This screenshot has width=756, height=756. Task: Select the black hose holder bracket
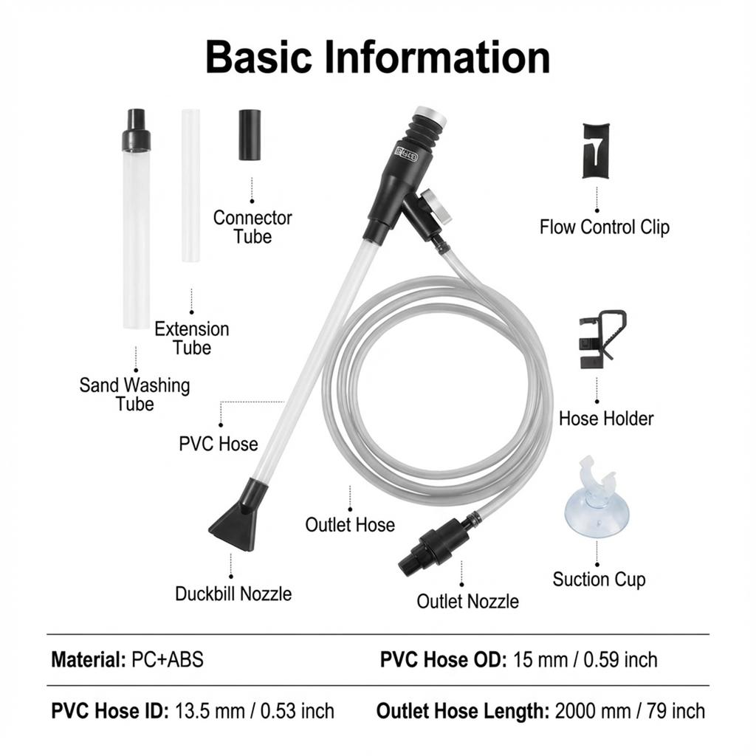(601, 339)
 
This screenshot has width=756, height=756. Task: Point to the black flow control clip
(597, 151)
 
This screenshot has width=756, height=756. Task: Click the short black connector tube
(250, 135)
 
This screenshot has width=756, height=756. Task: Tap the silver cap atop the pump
(430, 116)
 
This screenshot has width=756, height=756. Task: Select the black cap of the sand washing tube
(136, 129)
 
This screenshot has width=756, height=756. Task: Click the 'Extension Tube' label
(192, 338)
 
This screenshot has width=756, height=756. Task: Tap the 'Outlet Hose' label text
(350, 525)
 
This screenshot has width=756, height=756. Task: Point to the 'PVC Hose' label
(219, 444)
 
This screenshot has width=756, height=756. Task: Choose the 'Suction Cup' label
(599, 580)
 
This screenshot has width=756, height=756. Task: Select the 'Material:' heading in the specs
(89, 659)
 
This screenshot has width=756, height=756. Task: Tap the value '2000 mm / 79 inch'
(630, 711)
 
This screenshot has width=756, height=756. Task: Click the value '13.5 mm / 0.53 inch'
(254, 711)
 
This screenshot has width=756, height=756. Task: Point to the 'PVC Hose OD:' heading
(443, 659)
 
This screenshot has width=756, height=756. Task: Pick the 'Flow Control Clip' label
(605, 227)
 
